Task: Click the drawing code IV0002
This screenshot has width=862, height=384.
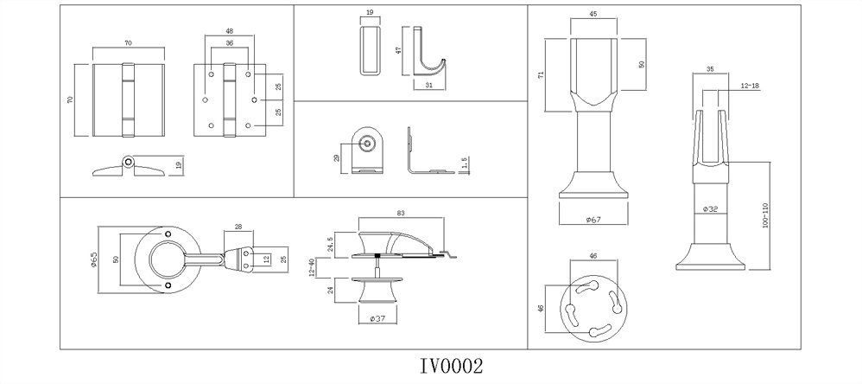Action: pyautogui.click(x=452, y=366)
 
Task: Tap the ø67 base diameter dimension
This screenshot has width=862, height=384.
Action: pyautogui.click(x=593, y=220)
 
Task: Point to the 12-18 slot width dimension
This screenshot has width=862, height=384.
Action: pyautogui.click(x=750, y=86)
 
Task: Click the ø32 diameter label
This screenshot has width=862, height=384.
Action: pyautogui.click(x=710, y=209)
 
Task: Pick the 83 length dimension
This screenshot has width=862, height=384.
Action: pyautogui.click(x=400, y=213)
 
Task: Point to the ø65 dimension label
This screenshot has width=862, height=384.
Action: pyautogui.click(x=93, y=259)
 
